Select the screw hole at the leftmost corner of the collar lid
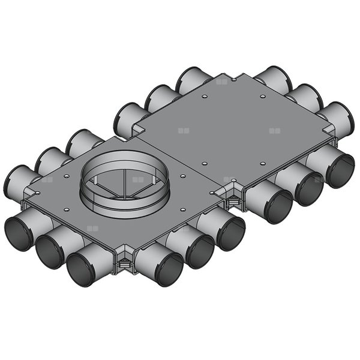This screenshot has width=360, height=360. pyautogui.click(x=37, y=193)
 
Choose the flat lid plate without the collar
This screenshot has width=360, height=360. pyautogui.click(x=234, y=129)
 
